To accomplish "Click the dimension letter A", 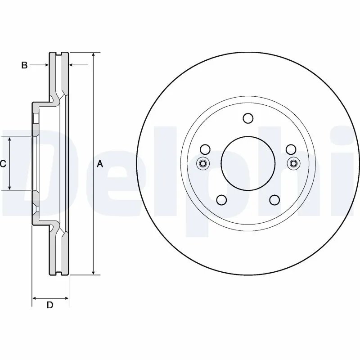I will [x=100, y=164].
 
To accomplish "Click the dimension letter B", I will [x=25, y=66].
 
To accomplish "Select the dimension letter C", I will [x=3, y=164].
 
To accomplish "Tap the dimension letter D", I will [x=50, y=305].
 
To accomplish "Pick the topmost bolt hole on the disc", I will [x=248, y=118].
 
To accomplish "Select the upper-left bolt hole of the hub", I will [x=205, y=149].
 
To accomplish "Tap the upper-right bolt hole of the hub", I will [x=291, y=149].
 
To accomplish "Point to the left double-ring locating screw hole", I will [x=202, y=163].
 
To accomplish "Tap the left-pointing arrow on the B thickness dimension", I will [x=72, y=66].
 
